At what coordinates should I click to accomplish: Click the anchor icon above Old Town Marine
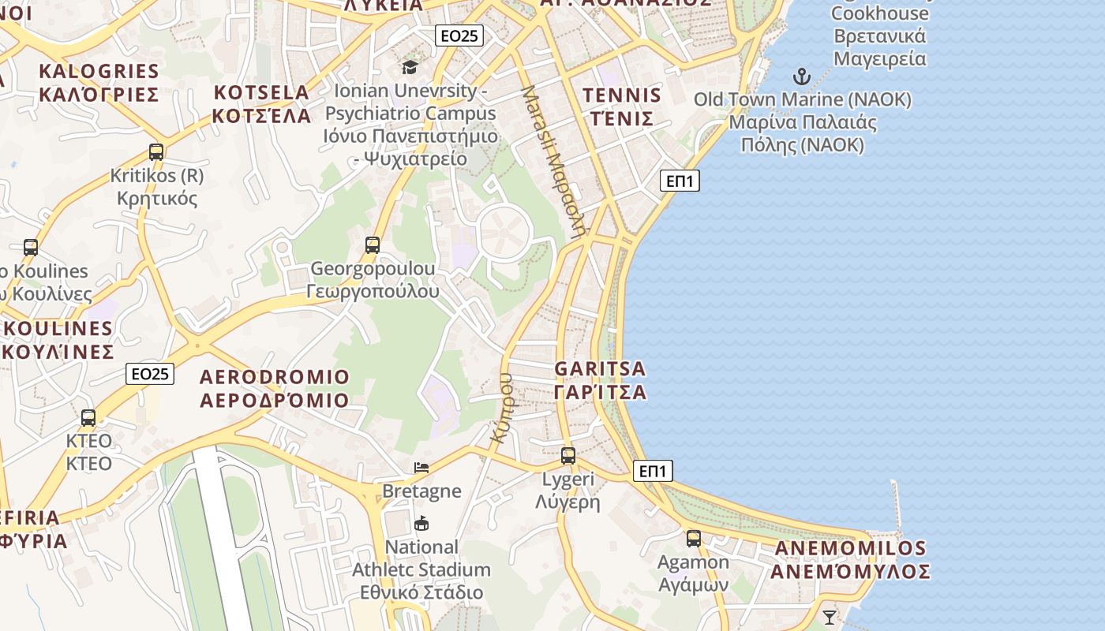point(802,77)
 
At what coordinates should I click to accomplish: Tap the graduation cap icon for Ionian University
point(410,67)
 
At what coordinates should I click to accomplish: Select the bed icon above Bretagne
point(421,468)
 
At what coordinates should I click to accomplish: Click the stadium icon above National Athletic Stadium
point(421,523)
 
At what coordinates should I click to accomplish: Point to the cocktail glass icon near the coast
point(829,617)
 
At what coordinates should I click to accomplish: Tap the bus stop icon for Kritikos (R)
point(156,151)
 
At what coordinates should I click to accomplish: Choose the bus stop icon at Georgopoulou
point(373,245)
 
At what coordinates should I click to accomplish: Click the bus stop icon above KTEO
point(88,417)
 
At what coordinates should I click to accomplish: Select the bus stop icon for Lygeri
point(568,455)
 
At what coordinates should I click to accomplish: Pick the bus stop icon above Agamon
point(694,539)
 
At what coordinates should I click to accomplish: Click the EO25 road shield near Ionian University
point(459,35)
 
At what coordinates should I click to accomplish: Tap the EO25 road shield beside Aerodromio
point(150,374)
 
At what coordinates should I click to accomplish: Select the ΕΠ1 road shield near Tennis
point(680,181)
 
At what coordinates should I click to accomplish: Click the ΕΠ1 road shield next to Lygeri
point(653,472)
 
